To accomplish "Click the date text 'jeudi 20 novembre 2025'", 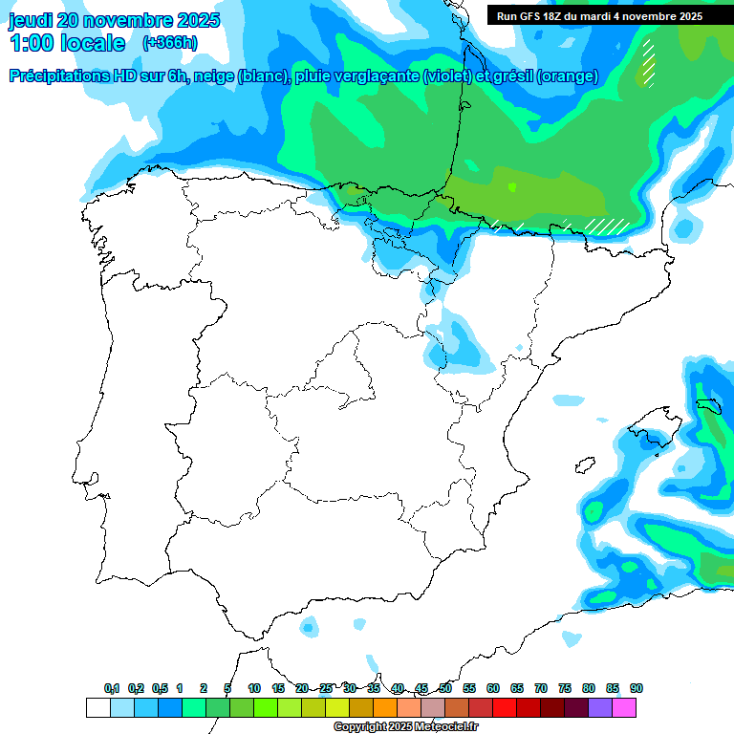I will [114, 20].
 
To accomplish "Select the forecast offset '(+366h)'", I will [170, 43].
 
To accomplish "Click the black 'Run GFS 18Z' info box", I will [599, 15].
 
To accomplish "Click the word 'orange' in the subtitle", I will [567, 76].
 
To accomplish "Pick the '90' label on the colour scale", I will [637, 688].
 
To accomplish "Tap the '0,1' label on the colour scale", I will [112, 688].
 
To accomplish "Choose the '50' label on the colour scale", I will [445, 688].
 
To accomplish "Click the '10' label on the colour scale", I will [254, 688].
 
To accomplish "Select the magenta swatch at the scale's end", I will [624, 707].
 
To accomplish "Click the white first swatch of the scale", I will [97, 707].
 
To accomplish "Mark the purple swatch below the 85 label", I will [600, 707].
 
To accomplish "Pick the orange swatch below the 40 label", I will [385, 707].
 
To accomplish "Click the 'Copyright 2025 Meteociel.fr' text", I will [404, 727].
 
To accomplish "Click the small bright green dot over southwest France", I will [511, 186].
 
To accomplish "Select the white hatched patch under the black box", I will [648, 63].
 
